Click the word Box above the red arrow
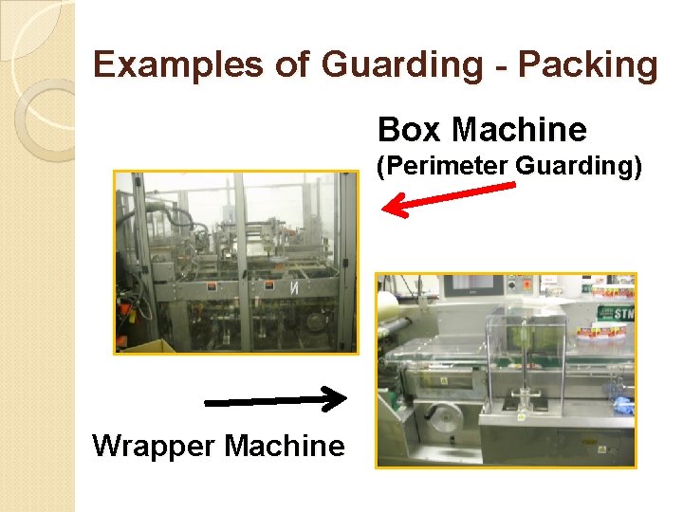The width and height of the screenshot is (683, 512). click(x=409, y=129)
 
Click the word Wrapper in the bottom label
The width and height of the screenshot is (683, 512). click(x=152, y=445)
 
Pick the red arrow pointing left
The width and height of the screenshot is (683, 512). click(x=447, y=197)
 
